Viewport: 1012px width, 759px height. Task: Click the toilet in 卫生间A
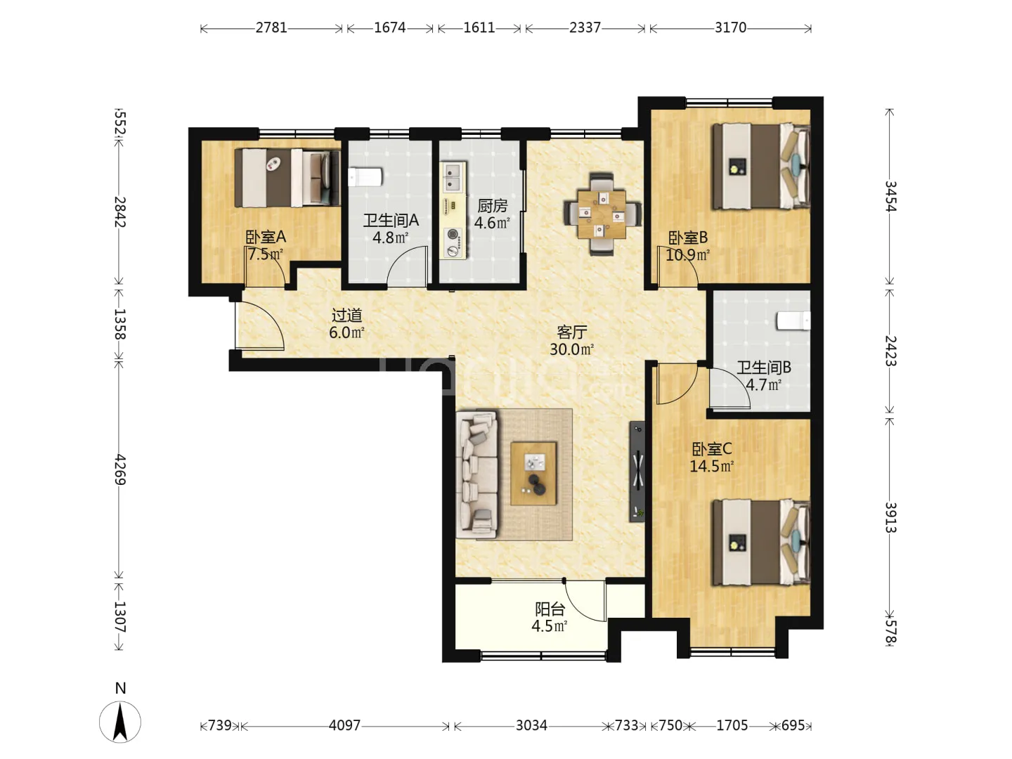coord(365,177)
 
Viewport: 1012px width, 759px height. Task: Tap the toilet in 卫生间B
coord(793,320)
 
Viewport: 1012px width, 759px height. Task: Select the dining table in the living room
coord(602,214)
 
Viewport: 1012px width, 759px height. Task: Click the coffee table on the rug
coord(533,473)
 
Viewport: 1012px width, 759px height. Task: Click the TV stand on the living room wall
coord(637,472)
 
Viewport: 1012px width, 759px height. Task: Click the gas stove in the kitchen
coord(453,242)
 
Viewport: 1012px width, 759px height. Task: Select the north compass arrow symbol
coord(120,722)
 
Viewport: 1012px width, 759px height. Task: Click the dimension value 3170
coord(730,27)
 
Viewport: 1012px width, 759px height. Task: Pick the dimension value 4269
coord(120,469)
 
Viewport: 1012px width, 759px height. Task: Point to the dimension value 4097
coord(344,725)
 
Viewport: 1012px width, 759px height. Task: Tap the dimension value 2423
coord(890,351)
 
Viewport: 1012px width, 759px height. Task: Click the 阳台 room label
coord(550,609)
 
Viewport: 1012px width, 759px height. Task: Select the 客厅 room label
coord(571,332)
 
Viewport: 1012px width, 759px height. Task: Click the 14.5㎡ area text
coord(711,466)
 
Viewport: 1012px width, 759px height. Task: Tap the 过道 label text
coord(346,316)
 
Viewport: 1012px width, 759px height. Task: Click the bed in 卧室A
coord(287,177)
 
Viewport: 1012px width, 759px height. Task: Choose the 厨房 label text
coord(493,206)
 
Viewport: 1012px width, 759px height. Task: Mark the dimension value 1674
coord(389,27)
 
